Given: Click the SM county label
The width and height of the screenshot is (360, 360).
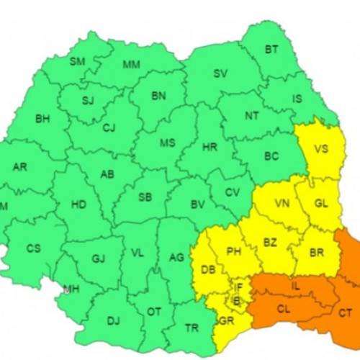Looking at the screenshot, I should tap(77, 61).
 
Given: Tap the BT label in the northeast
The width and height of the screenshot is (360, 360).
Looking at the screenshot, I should tap(271, 50).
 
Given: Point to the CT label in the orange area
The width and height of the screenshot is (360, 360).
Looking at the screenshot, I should tap(346, 312).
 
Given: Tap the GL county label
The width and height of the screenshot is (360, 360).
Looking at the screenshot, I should tap(320, 204).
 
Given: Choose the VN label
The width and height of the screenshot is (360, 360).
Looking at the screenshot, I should tap(282, 204).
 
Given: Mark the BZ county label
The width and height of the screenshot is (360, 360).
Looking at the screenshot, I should tap(270, 243).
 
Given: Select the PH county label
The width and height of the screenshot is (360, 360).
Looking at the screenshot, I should tap(233, 251).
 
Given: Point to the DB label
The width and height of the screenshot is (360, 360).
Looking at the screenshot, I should tap(208, 270).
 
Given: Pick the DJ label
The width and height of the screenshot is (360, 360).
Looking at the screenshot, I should tap(113, 321).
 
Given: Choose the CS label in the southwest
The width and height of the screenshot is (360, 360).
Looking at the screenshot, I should tap(34, 248).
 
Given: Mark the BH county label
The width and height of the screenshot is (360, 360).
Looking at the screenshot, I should tap(42, 119).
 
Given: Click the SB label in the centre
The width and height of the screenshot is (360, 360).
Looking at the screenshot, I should tap(145, 198).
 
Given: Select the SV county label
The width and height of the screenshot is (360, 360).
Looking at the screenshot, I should tap(220, 73).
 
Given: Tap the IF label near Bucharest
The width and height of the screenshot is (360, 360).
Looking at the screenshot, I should tap(239, 287).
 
